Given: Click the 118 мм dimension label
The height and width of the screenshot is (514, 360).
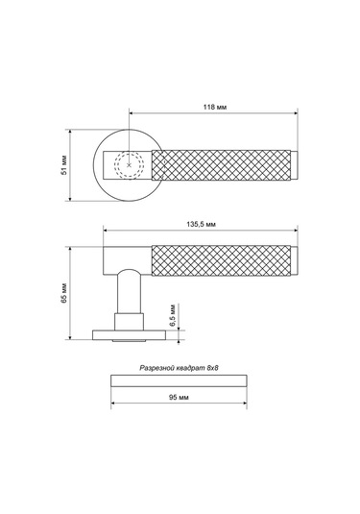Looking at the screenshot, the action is point(215,107).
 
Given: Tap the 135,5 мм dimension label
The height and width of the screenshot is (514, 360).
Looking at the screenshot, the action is point(202,224).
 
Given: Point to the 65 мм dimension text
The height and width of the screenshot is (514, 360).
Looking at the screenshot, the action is point(64,293).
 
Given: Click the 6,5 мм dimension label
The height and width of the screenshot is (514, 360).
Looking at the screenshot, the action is point(173,315).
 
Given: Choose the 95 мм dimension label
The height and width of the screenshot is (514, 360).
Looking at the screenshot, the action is point(179,398).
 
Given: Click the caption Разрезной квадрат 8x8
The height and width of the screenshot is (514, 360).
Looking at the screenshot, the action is point(179,368).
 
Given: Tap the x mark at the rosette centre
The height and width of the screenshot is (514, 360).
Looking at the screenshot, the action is point(129,165).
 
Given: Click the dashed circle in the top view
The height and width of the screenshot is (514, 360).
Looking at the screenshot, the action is point(129,152).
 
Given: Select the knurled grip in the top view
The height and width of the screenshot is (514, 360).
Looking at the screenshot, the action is point(221,165).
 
